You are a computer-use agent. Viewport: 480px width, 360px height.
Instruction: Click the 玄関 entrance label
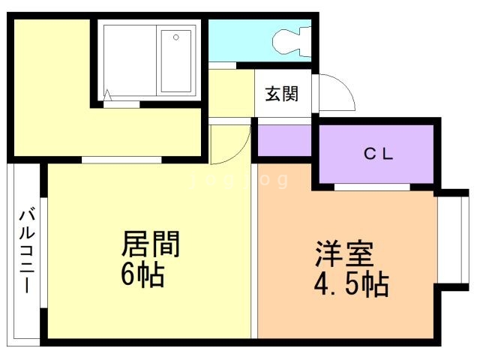[281, 94]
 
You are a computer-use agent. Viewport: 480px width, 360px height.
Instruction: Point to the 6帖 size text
[142, 275]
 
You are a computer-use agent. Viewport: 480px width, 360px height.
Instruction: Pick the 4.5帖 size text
[349, 286]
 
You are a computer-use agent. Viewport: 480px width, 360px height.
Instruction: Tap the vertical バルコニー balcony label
[26, 251]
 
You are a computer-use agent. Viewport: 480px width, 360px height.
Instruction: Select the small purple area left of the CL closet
[285, 140]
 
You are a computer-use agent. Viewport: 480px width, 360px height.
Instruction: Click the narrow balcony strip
[27, 251]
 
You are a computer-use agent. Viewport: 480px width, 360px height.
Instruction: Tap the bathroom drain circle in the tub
[175, 35]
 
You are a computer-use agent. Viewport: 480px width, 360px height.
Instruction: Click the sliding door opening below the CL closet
[372, 186]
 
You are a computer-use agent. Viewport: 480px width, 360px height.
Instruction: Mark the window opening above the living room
[121, 159]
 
